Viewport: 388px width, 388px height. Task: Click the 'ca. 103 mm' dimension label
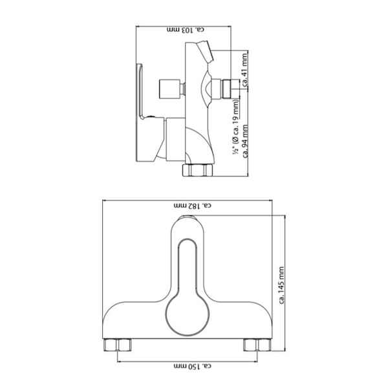[186, 30]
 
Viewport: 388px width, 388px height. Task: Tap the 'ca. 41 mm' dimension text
[244, 70]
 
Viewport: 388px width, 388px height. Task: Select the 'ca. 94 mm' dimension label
[245, 141]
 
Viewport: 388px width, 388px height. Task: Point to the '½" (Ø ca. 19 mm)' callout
[236, 127]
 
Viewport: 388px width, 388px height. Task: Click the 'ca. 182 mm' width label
[193, 206]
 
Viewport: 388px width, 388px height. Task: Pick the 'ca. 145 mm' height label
[281, 285]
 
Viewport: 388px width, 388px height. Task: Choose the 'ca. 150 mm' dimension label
[193, 366]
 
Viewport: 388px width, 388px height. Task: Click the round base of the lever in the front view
[188, 315]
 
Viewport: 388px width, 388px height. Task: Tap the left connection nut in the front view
[117, 345]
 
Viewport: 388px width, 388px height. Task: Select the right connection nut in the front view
[257, 345]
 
